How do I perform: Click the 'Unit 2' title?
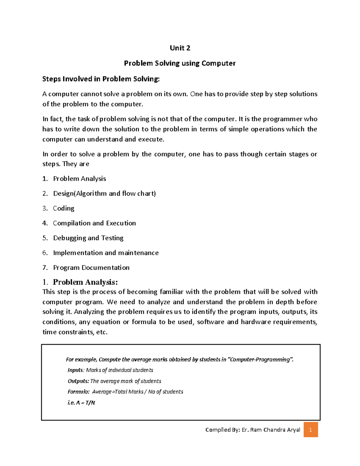(180, 48)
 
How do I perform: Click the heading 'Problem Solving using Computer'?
(180, 63)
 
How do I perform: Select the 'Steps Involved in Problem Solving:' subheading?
(101, 79)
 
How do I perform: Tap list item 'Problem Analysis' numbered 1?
(79, 179)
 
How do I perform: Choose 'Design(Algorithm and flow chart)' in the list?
(104, 194)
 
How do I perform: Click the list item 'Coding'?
(64, 208)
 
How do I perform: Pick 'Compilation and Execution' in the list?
(94, 223)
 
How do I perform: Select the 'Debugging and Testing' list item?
(88, 238)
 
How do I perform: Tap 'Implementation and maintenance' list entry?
(106, 253)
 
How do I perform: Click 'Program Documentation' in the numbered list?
(91, 268)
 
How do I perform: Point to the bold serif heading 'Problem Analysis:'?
(85, 282)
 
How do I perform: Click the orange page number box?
(310, 430)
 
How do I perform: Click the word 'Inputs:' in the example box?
(76, 370)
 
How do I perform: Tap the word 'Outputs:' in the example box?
(78, 381)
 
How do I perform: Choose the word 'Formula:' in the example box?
(78, 392)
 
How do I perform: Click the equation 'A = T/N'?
(85, 403)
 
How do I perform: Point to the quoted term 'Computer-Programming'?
(260, 359)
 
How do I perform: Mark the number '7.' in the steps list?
(45, 268)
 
